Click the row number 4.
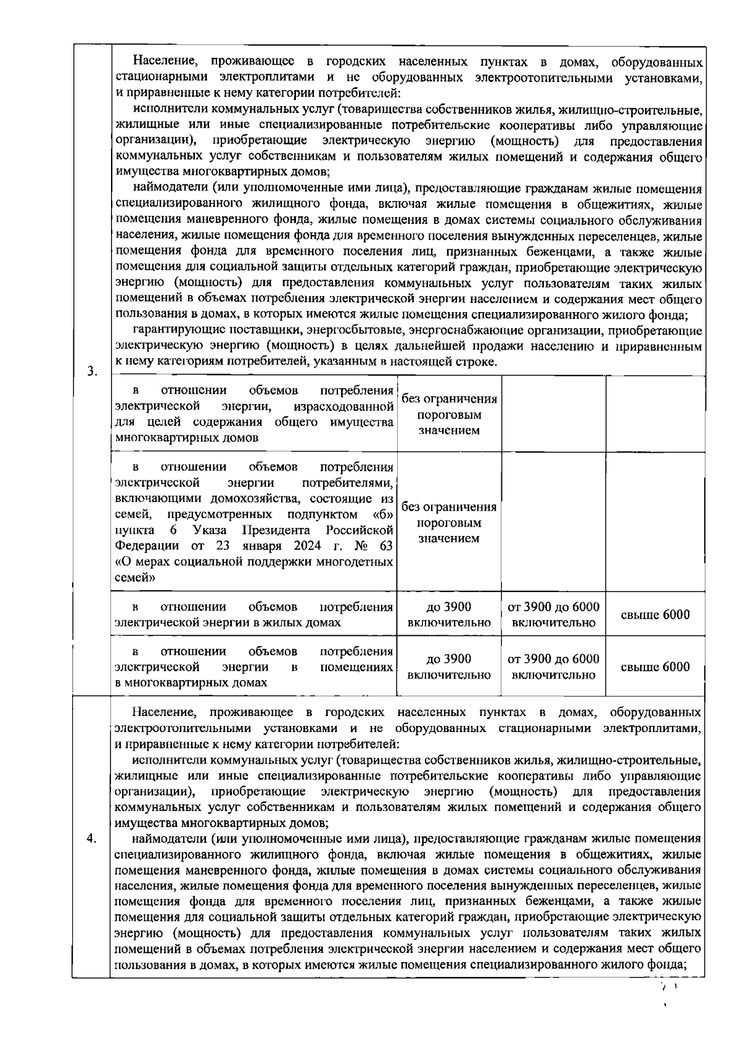pos(91,839)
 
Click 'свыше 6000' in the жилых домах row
pos(655,615)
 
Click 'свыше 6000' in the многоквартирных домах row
pos(655,667)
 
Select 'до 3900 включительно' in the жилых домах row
pos(449,615)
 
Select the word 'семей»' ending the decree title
pos(135,579)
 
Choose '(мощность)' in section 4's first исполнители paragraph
pos(523,791)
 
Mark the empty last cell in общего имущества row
pos(655,414)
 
